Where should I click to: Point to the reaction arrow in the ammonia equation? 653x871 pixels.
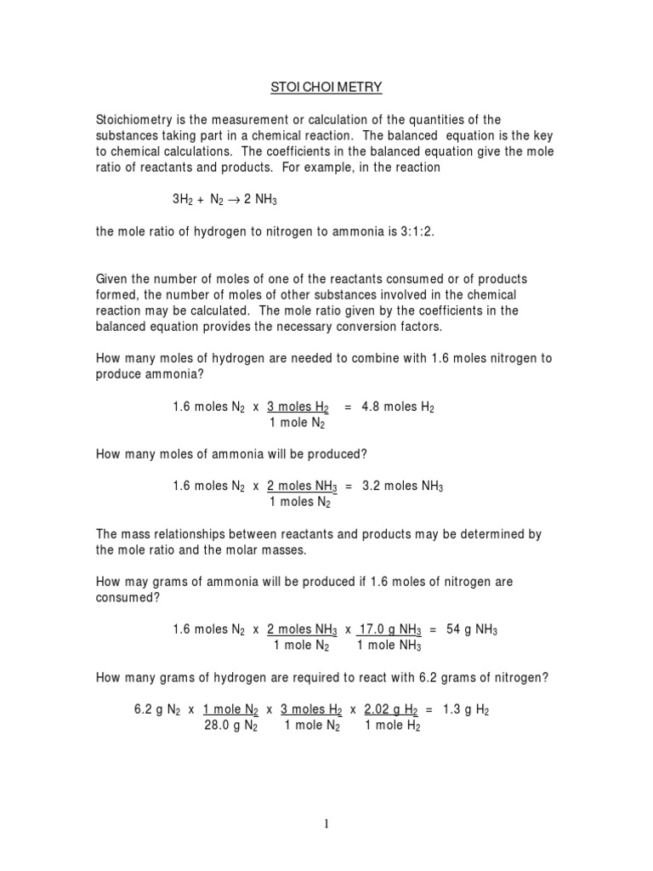pos(241,200)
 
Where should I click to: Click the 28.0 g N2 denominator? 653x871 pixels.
pos(229,726)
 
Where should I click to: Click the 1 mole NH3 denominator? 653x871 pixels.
pos(389,646)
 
